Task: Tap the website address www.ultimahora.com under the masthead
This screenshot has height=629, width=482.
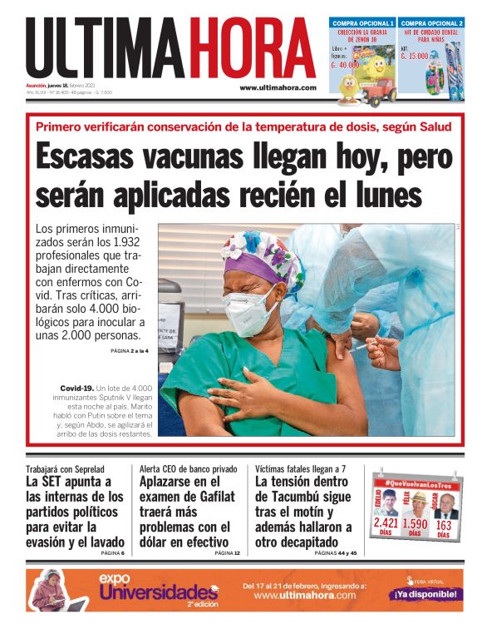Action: [x=278, y=87]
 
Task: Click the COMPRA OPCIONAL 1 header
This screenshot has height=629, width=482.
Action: [x=362, y=22]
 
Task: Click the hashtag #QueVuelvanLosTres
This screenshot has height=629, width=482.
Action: [x=415, y=482]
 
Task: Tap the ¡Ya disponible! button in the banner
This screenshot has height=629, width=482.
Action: [x=425, y=594]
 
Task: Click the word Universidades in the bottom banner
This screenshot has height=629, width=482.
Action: [x=158, y=592]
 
